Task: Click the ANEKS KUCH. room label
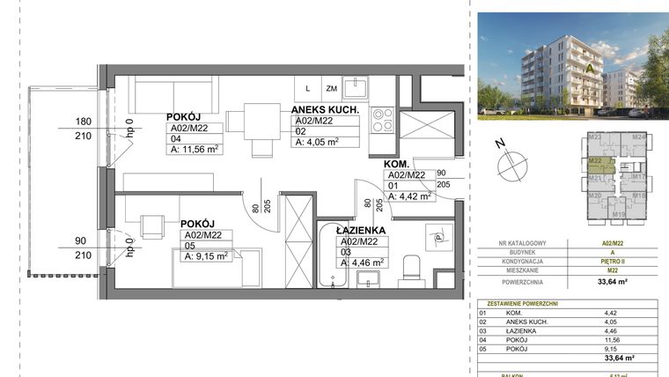click(324, 110)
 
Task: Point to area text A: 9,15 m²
click(204, 256)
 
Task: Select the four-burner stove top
click(382, 120)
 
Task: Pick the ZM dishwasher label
click(331, 88)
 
